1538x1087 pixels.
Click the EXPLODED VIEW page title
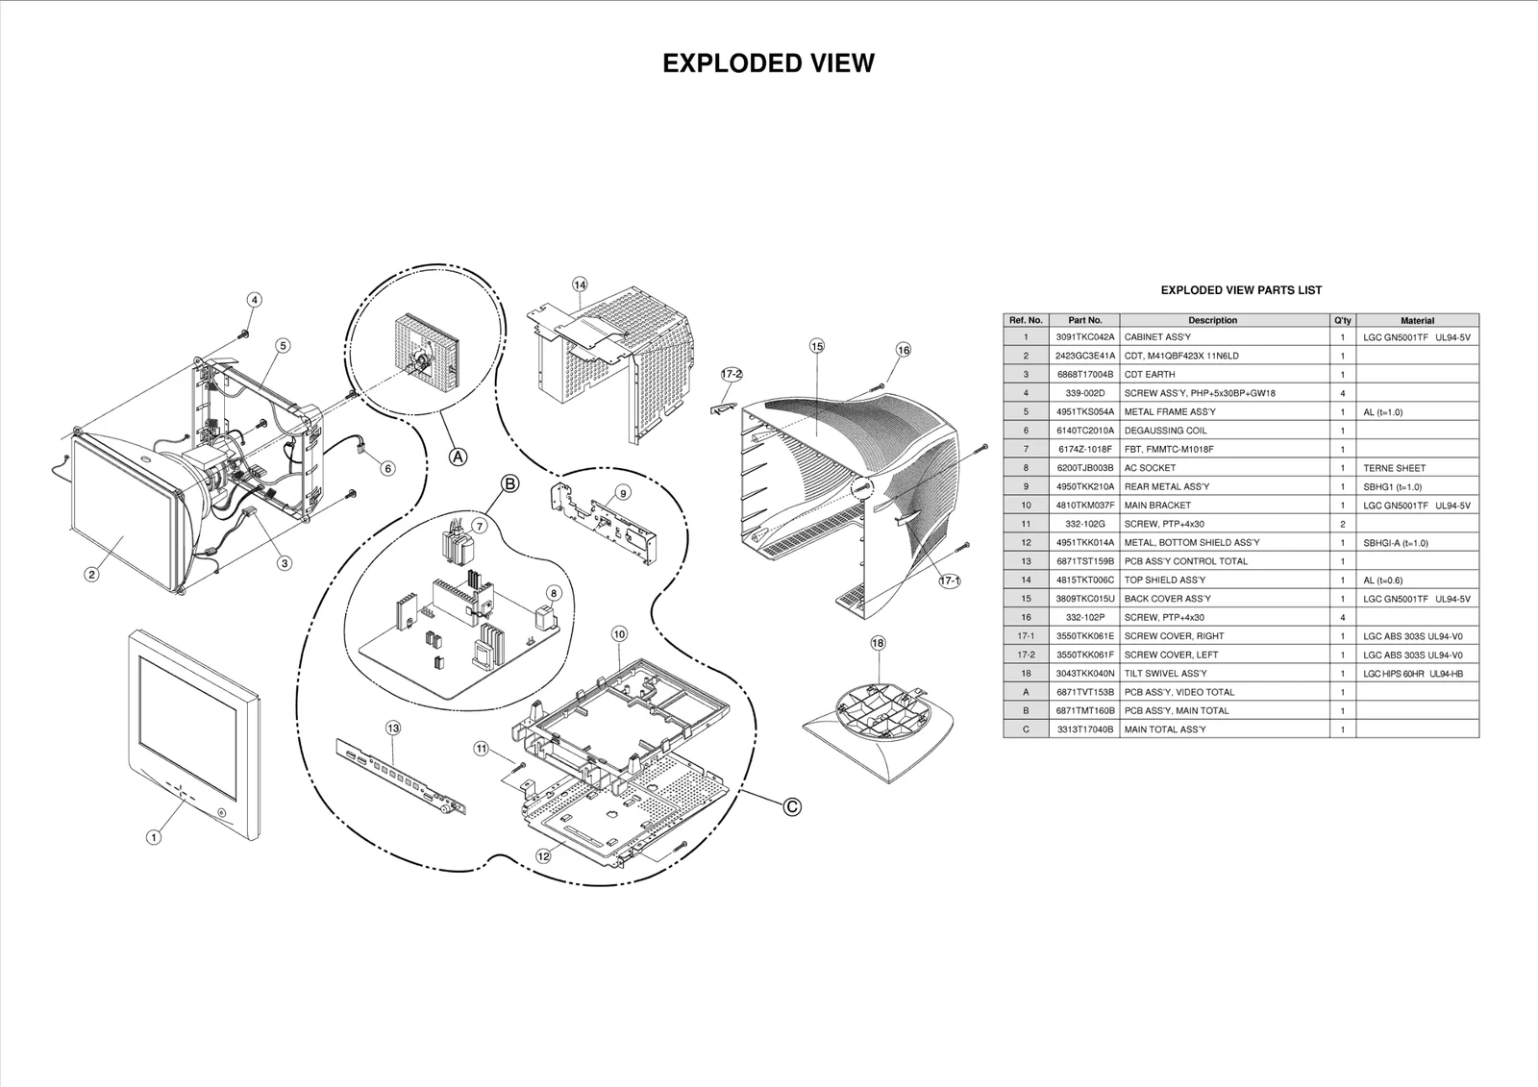[768, 63]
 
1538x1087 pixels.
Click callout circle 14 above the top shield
[580, 284]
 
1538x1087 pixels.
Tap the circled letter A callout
[459, 457]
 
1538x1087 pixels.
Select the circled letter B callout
[510, 483]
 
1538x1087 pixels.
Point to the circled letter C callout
[791, 806]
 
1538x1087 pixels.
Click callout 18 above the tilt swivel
[878, 643]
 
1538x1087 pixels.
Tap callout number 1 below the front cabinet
[153, 837]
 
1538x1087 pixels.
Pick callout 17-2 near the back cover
[732, 374]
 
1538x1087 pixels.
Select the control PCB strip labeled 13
[399, 775]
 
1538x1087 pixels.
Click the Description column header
[1212, 320]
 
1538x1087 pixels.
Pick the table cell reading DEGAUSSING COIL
[1165, 431]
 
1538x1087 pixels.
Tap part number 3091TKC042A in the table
[1084, 337]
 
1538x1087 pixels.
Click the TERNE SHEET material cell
[1394, 468]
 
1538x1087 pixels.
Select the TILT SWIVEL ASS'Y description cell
[1165, 674]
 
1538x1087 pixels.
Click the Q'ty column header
[1342, 320]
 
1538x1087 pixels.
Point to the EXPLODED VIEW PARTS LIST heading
[1240, 290]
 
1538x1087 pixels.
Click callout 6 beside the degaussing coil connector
[387, 468]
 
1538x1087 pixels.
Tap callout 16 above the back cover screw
[904, 350]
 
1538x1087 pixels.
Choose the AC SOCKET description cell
[1150, 468]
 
